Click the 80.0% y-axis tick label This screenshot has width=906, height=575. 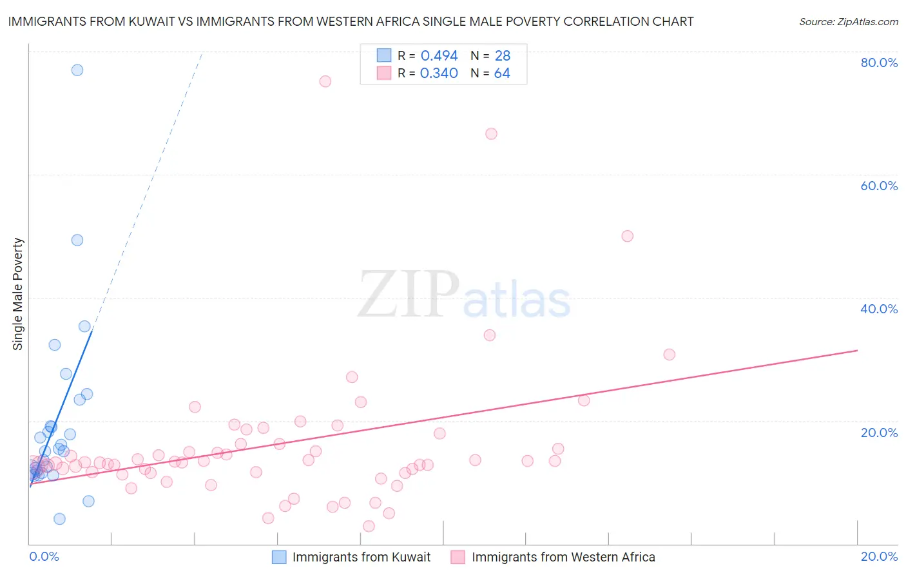[x=879, y=63]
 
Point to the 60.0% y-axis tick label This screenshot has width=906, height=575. [x=879, y=186]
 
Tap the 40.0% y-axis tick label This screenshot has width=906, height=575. [x=879, y=309]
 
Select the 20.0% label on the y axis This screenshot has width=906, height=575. [x=879, y=433]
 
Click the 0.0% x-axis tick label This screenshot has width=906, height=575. [x=44, y=556]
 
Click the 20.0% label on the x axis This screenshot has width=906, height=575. [x=879, y=556]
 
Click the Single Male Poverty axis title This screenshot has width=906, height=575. [x=18, y=294]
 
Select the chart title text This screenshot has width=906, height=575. [x=351, y=21]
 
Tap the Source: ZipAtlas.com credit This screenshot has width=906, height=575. [x=848, y=21]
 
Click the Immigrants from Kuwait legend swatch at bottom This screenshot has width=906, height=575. [x=279, y=557]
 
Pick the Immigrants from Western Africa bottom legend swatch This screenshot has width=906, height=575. [x=458, y=557]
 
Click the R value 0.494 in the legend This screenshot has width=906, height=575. [x=439, y=56]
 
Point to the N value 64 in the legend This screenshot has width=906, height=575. [x=502, y=73]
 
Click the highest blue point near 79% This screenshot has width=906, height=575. [x=77, y=70]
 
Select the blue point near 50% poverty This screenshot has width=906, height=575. [x=77, y=240]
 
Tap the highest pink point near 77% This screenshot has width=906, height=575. [x=325, y=81]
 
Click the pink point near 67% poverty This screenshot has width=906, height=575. [x=491, y=134]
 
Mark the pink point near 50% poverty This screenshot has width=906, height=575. [x=628, y=236]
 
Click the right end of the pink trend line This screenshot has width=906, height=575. [x=857, y=350]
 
